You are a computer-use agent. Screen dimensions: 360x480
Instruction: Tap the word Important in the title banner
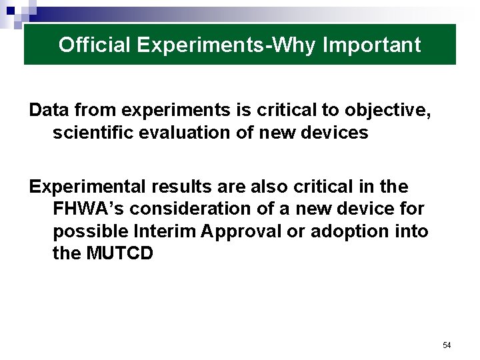tap(371, 45)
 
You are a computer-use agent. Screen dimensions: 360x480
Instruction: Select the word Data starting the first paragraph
tap(48, 110)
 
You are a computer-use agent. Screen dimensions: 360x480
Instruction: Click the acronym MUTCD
tap(120, 254)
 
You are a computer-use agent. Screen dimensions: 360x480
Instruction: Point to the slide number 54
tap(447, 345)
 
